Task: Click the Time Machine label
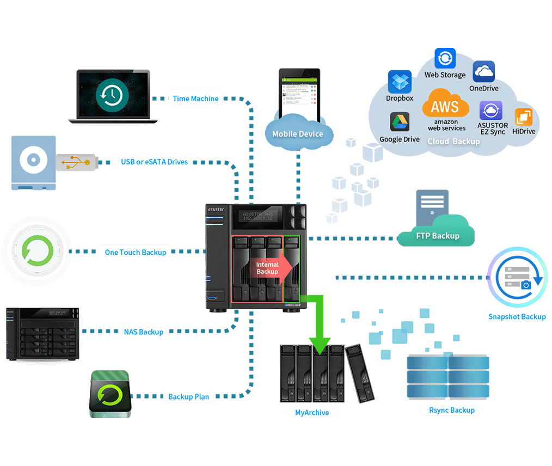[195, 99]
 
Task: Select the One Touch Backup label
[135, 252]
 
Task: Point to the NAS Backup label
[143, 332]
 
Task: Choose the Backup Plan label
[188, 396]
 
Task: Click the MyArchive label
[312, 413]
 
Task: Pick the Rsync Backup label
[451, 410]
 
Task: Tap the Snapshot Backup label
[517, 316]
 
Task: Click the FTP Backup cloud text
[438, 236]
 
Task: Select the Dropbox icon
[400, 82]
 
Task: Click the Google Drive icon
[400, 122]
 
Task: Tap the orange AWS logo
[445, 105]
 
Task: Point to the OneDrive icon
[483, 71]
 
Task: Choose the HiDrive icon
[524, 117]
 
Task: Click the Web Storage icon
[445, 58]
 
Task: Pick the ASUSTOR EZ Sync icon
[490, 111]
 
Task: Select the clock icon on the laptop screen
[112, 95]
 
